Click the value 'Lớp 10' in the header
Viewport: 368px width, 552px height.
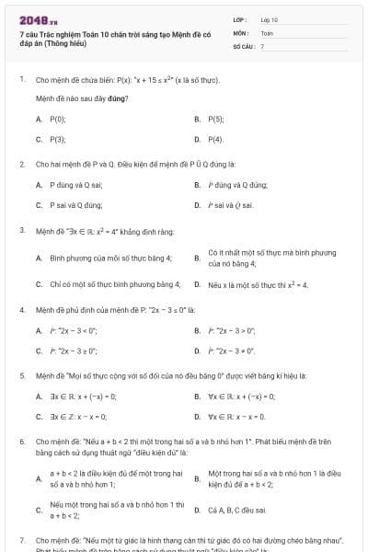269,19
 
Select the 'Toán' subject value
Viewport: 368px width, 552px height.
267,32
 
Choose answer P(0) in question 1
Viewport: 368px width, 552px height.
57,119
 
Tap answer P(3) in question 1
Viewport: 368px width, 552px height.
57,139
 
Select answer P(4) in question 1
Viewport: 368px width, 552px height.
216,139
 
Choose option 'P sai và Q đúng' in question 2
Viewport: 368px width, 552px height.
75,204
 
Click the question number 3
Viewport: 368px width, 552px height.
21,229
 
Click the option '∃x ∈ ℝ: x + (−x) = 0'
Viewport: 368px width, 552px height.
83,396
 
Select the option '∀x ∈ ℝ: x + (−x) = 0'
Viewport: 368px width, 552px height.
242,396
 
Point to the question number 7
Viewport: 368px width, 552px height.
21,540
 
